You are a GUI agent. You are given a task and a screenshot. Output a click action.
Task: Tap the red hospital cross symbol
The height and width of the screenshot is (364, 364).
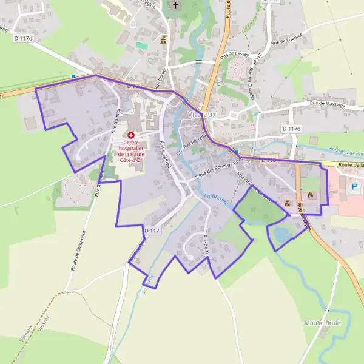(131, 135)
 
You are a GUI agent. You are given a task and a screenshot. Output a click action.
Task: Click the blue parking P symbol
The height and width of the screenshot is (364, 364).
(353, 187)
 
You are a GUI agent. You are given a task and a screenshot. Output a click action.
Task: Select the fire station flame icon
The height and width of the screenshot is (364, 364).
(311, 195)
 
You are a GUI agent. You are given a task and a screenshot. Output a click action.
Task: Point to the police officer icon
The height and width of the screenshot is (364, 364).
(288, 203)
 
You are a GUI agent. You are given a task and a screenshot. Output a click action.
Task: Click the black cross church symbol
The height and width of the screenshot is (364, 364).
(176, 7)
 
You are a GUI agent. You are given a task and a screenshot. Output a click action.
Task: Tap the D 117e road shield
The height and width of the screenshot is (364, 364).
(292, 129)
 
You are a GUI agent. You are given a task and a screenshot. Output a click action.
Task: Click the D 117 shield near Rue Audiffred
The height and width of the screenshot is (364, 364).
(152, 231)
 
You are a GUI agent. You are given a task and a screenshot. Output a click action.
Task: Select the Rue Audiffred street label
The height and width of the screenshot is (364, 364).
(165, 154)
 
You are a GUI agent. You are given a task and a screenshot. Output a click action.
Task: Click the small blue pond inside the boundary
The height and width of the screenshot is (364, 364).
(282, 233)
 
